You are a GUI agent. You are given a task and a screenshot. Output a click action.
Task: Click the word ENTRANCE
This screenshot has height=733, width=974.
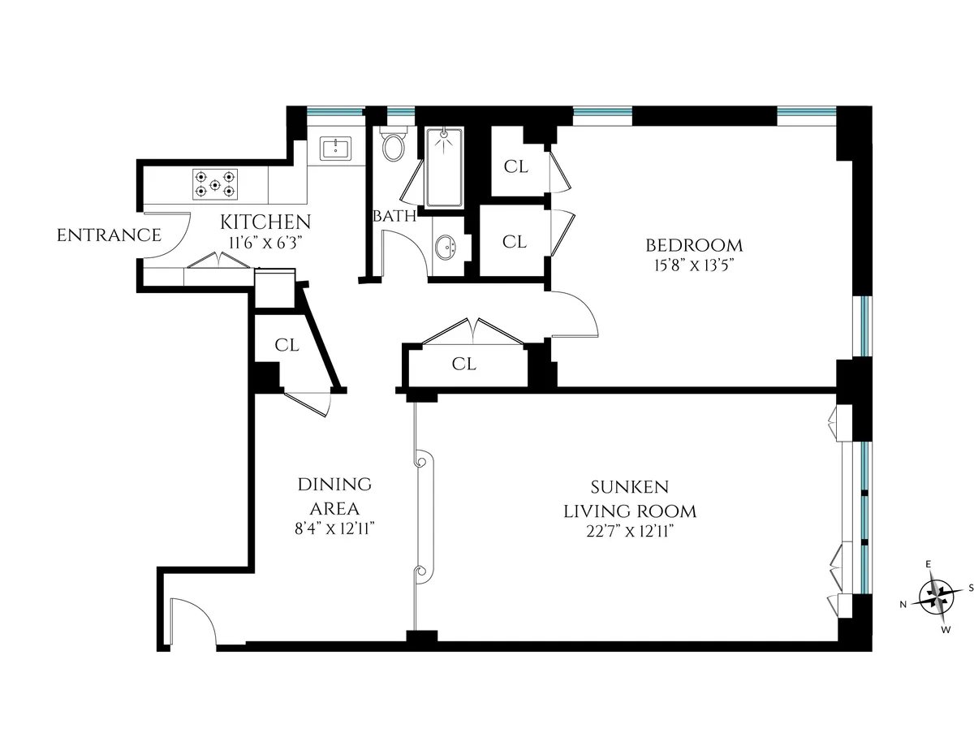[109, 236]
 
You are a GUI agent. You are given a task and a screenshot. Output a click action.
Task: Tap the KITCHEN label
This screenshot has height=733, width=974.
[265, 222]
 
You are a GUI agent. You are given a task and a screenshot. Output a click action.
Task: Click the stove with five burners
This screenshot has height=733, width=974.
[216, 183]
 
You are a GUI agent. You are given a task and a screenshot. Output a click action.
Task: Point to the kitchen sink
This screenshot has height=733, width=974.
[335, 149]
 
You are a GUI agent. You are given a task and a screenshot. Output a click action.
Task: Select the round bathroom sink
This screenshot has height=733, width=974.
[444, 247]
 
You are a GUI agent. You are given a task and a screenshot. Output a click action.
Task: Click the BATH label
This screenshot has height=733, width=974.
[394, 217]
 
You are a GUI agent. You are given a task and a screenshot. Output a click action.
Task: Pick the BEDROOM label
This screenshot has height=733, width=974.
[693, 244]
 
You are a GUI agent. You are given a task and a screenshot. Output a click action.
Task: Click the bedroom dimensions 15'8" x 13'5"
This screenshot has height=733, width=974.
[693, 265]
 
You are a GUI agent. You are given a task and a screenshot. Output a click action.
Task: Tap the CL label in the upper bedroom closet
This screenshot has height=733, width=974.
[515, 167]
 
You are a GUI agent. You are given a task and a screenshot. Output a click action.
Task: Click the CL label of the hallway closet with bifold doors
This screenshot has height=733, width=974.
[463, 364]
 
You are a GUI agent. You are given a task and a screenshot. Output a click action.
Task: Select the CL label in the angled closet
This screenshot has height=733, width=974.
[286, 345]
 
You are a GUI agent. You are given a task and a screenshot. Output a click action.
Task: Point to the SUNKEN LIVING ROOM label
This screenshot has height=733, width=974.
[630, 499]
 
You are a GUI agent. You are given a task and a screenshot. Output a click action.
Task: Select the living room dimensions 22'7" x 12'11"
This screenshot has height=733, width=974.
[630, 531]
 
